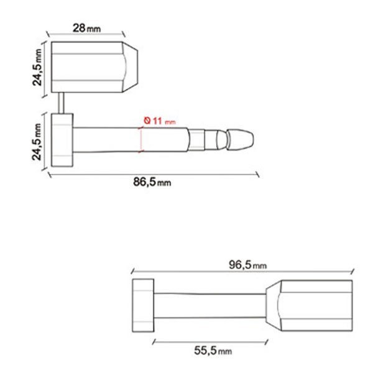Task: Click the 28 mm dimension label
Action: [x=86, y=28]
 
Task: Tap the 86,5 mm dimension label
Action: [x=152, y=182]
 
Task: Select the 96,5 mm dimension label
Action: [x=247, y=265]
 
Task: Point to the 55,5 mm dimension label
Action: [x=213, y=351]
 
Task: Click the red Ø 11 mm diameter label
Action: [x=160, y=121]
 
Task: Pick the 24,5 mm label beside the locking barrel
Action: [x=37, y=67]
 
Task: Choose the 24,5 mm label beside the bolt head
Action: [x=37, y=142]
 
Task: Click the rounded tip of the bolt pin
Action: [x=240, y=140]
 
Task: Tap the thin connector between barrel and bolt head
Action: [x=61, y=103]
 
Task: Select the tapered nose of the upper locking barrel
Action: [x=130, y=67]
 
